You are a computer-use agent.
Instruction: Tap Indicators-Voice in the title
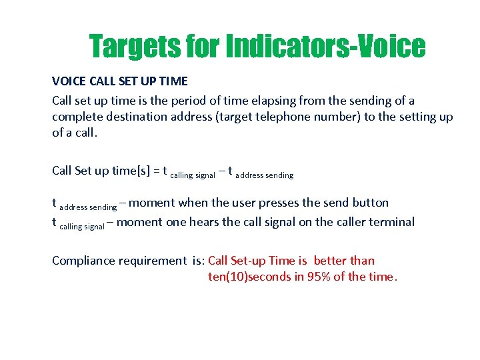coord(325,47)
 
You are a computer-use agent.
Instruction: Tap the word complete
coord(76,117)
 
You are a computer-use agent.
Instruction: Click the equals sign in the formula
coord(156,171)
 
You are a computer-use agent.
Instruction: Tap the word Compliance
coord(83,261)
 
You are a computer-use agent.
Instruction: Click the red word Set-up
coord(249,261)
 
